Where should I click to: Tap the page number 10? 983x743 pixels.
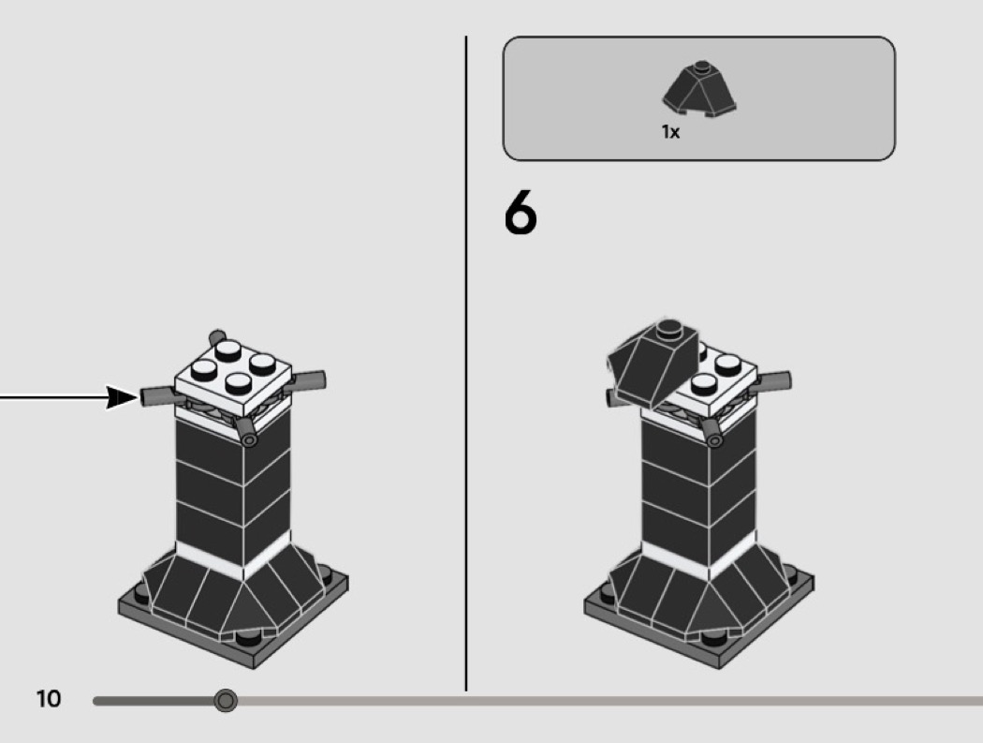pyautogui.click(x=49, y=699)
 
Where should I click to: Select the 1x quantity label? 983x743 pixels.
pyautogui.click(x=670, y=132)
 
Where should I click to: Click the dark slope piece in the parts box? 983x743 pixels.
pyautogui.click(x=699, y=88)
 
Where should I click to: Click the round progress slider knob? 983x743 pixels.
pyautogui.click(x=226, y=700)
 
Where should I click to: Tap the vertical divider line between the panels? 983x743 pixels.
pyautogui.click(x=466, y=364)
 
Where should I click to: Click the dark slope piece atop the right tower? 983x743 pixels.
pyautogui.click(x=653, y=361)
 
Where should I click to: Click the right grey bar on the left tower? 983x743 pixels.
pyautogui.click(x=307, y=380)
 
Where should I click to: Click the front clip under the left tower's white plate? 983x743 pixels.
pyautogui.click(x=246, y=432)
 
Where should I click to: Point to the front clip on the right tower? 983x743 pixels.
pyautogui.click(x=712, y=433)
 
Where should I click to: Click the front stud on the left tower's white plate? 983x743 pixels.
pyautogui.click(x=238, y=381)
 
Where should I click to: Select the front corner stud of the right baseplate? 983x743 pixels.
pyautogui.click(x=714, y=638)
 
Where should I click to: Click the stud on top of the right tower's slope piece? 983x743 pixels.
pyautogui.click(x=669, y=327)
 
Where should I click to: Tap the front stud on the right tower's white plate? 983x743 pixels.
pyautogui.click(x=703, y=383)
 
